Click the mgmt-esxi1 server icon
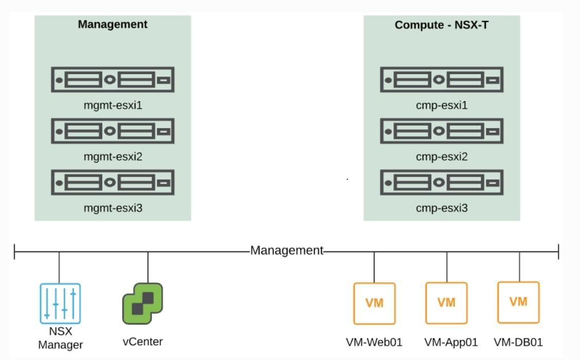(113, 80)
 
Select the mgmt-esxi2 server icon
(113, 131)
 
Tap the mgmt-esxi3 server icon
(113, 183)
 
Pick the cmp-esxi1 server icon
(442, 80)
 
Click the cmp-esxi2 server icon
(442, 131)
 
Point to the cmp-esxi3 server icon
(442, 183)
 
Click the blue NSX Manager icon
(60, 303)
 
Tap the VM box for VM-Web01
(374, 303)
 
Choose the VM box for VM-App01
(446, 303)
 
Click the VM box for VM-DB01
(518, 302)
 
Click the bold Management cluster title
(113, 24)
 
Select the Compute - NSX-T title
(442, 25)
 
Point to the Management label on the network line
(286, 251)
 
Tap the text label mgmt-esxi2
(113, 157)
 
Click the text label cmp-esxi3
(442, 208)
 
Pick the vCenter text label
(142, 341)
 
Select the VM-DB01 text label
(518, 342)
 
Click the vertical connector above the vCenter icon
(148, 266)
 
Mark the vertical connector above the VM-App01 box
(446, 266)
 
